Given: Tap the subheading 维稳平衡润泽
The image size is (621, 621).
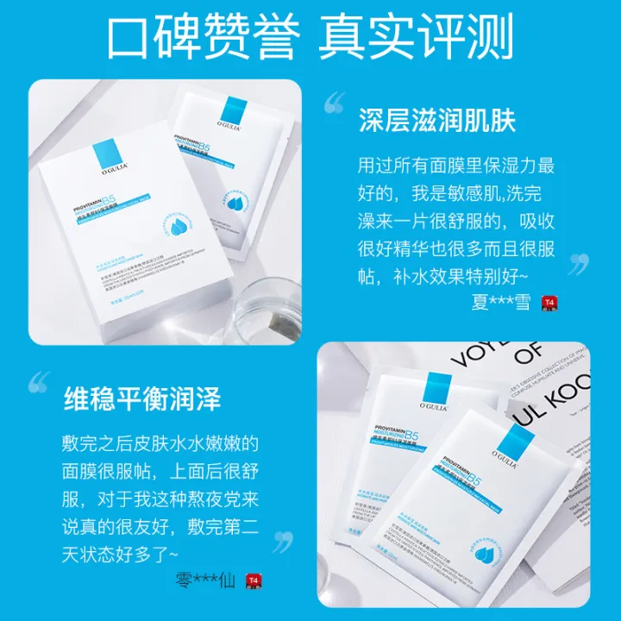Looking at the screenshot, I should pyautogui.click(x=142, y=399).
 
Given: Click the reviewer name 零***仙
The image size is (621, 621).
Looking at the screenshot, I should pyautogui.click(x=207, y=580).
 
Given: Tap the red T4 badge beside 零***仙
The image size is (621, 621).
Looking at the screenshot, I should pyautogui.click(x=253, y=580).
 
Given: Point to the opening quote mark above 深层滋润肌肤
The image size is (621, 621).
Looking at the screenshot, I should pyautogui.click(x=335, y=105).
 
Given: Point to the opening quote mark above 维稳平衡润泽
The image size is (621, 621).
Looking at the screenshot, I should pyautogui.click(x=40, y=382).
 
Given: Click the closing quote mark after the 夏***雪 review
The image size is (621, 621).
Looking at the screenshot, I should pyautogui.click(x=578, y=262).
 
